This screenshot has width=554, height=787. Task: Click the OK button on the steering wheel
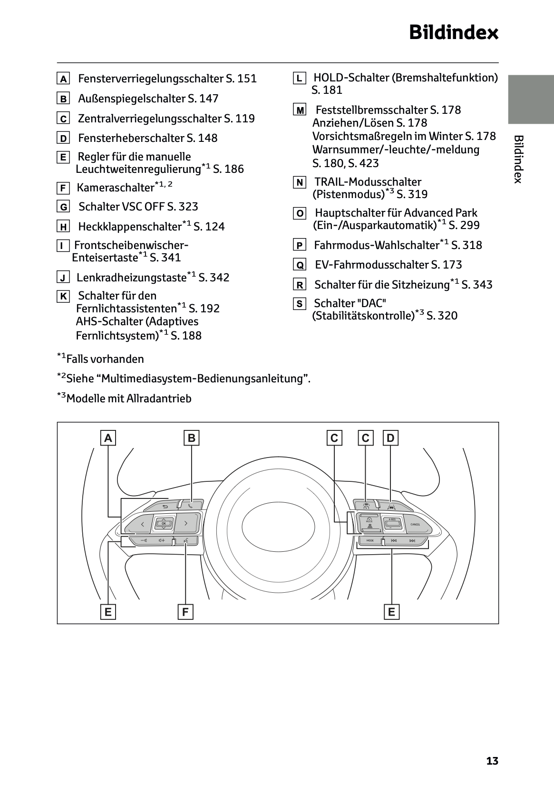(x=164, y=523)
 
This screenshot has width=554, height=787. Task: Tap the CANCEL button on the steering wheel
(x=415, y=524)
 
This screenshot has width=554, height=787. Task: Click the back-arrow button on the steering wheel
(x=165, y=506)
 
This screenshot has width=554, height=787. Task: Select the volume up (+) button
(x=165, y=540)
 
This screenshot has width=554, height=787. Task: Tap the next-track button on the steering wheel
(x=412, y=540)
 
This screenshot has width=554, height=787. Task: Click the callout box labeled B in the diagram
(x=191, y=438)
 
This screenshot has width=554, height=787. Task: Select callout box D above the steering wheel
(x=390, y=438)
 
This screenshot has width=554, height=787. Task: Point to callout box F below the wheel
(x=185, y=612)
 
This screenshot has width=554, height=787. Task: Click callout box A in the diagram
(x=108, y=438)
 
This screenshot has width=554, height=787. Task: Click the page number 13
(x=492, y=761)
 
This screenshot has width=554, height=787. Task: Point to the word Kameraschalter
(x=116, y=188)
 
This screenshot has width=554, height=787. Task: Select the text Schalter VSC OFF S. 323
(x=138, y=207)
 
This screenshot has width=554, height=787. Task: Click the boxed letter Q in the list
(x=300, y=265)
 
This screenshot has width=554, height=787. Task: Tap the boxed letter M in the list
(x=300, y=110)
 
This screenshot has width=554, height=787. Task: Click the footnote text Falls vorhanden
(x=105, y=359)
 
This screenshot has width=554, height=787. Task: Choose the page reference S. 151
(x=241, y=79)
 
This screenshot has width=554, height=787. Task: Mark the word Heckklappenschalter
(x=130, y=227)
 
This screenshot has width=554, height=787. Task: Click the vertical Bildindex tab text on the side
(x=518, y=159)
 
